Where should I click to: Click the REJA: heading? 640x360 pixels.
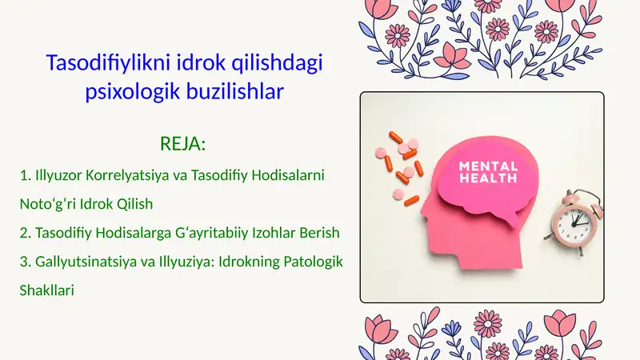183,144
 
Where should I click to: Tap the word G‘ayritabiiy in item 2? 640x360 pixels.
218,233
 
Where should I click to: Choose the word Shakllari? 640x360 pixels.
46,291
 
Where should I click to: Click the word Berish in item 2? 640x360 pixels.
321,233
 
